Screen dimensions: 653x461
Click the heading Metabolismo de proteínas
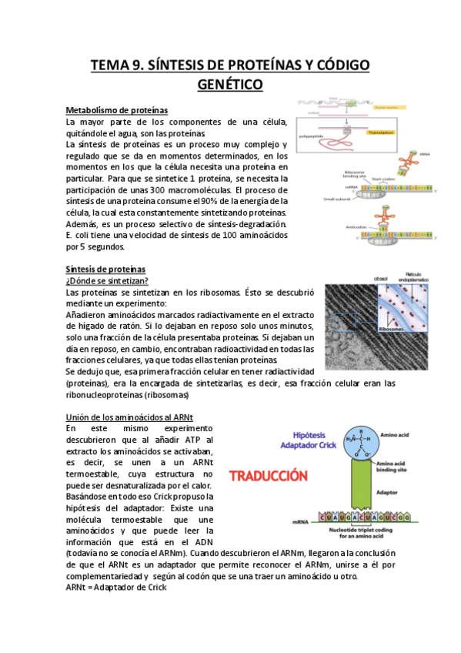pos(117,111)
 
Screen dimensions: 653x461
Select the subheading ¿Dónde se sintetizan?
pos(107,280)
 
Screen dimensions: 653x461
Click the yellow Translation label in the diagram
pos(381,132)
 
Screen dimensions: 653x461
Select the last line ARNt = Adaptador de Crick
pos(116,587)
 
